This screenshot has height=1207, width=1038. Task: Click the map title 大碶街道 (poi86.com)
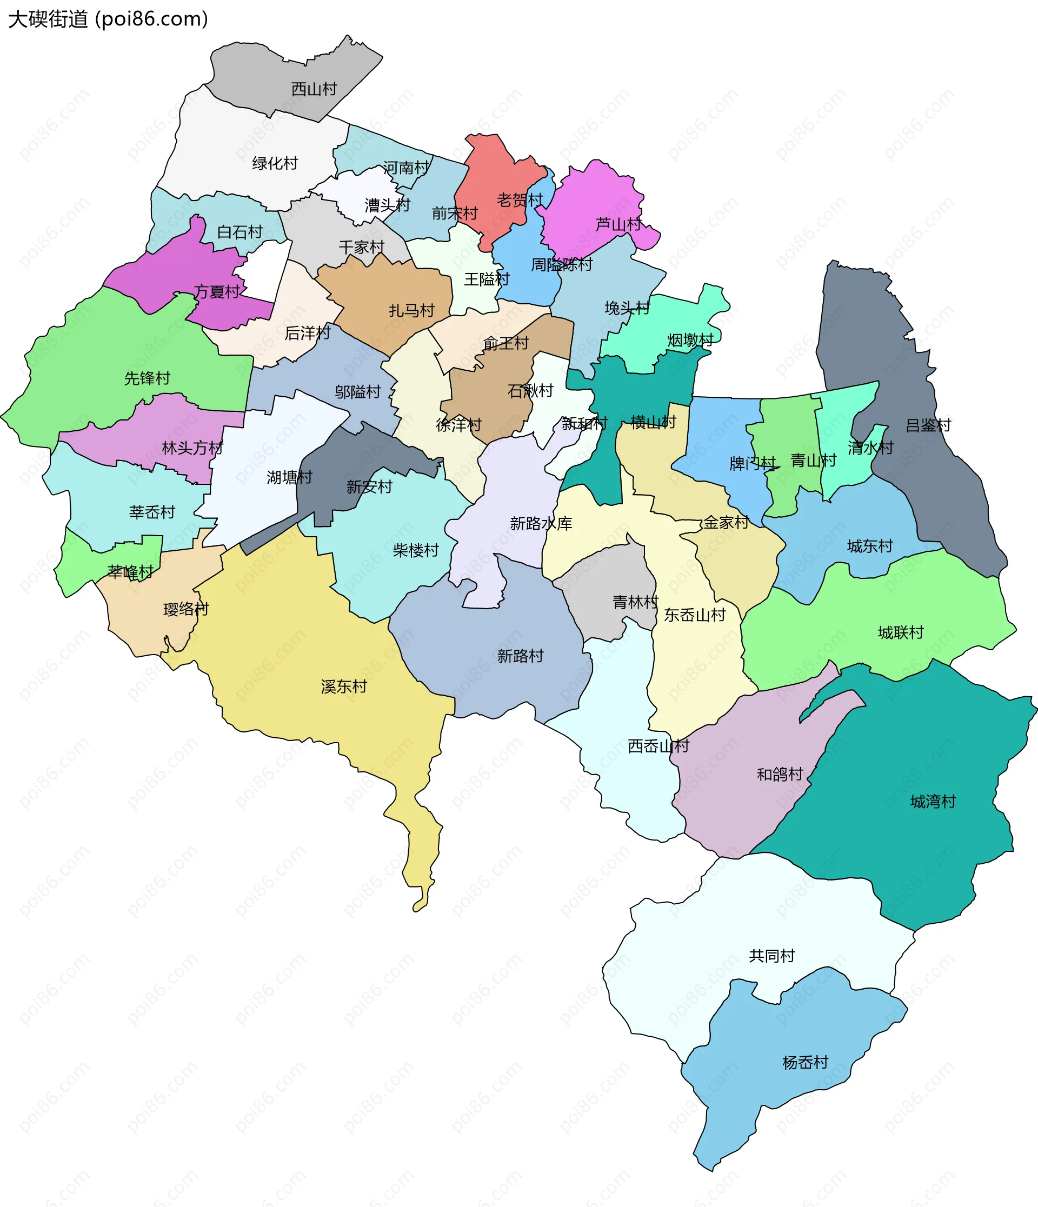pyautogui.click(x=108, y=19)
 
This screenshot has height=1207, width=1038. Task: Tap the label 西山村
pyautogui.click(x=314, y=89)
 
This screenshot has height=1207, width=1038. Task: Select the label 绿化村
pyautogui.click(x=275, y=163)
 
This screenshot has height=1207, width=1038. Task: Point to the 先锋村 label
pyautogui.click(x=148, y=379)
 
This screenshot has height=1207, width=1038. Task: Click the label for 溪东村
pyautogui.click(x=344, y=687)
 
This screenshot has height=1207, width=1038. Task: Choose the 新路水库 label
pyautogui.click(x=541, y=524)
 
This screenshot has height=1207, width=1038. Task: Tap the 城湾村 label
pyautogui.click(x=933, y=802)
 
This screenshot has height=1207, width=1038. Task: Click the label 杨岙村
pyautogui.click(x=806, y=1063)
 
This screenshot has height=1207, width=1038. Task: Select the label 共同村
pyautogui.click(x=772, y=956)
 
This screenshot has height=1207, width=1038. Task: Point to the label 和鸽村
pyautogui.click(x=780, y=775)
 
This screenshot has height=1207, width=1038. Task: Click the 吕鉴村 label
pyautogui.click(x=928, y=425)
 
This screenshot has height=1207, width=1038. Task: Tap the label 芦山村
pyautogui.click(x=618, y=224)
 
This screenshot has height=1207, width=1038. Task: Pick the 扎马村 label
pyautogui.click(x=412, y=310)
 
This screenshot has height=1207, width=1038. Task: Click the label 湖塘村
pyautogui.click(x=289, y=478)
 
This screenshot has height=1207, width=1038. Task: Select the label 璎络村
pyautogui.click(x=186, y=609)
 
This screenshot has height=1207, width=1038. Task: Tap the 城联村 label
pyautogui.click(x=901, y=632)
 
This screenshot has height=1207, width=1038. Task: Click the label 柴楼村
pyautogui.click(x=416, y=550)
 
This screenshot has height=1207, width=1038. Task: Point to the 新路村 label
pyautogui.click(x=520, y=657)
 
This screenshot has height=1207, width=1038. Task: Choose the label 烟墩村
pyautogui.click(x=691, y=340)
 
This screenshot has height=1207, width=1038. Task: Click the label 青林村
pyautogui.click(x=635, y=602)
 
